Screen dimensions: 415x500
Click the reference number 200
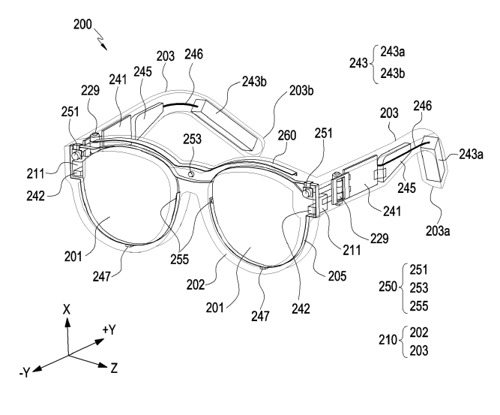pos(82,23)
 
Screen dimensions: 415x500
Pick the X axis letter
pos(67,308)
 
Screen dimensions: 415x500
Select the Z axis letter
pos(114,368)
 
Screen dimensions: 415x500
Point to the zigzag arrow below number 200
pos(101,38)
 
